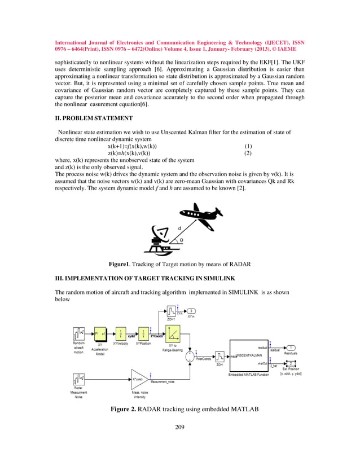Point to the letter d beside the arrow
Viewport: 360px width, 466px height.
pyautogui.click(x=179, y=227)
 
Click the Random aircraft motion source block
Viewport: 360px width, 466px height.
pyautogui.click(x=79, y=333)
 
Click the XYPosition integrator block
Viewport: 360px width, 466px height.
pyautogui.click(x=144, y=333)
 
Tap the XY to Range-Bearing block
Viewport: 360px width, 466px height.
pyautogui.click(x=172, y=333)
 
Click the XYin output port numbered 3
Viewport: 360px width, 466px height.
pyautogui.click(x=192, y=311)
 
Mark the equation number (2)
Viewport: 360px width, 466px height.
pyautogui.click(x=247, y=153)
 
